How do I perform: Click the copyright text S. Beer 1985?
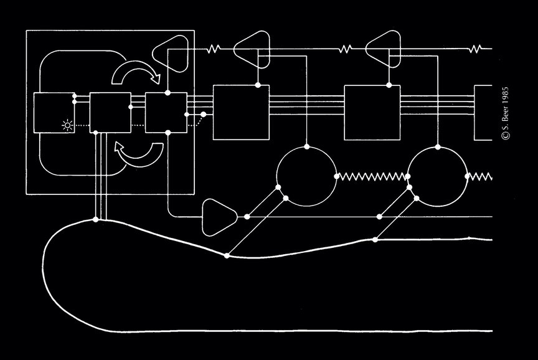pyautogui.click(x=504, y=112)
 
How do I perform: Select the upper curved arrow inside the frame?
pyautogui.click(x=135, y=75)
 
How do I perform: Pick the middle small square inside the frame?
pyautogui.click(x=110, y=112)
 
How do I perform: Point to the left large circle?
pyautogui.click(x=306, y=176)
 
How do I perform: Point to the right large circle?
pyautogui.click(x=438, y=176)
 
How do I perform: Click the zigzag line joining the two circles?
pyautogui.click(x=372, y=176)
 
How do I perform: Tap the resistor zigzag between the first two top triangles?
pyautogui.click(x=215, y=48)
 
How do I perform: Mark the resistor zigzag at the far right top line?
pyautogui.click(x=476, y=48)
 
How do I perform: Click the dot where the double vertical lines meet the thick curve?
pyautogui.click(x=95, y=220)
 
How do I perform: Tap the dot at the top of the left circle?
pyautogui.click(x=306, y=147)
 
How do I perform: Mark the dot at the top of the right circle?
pyautogui.click(x=438, y=147)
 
